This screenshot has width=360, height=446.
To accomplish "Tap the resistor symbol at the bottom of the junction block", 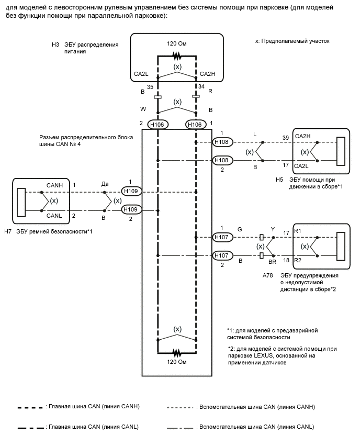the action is coord(177,353).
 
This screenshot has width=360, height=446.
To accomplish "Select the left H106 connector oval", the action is coord(157,125).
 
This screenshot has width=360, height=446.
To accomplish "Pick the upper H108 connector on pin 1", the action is coord(222,142).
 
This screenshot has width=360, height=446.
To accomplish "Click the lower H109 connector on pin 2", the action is coord(131,209).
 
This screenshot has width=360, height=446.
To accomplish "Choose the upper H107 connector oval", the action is coord(222,237).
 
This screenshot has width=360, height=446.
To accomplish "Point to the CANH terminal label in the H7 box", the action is coord(54,185).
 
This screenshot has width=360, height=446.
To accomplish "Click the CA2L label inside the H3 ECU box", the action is coord(141,74).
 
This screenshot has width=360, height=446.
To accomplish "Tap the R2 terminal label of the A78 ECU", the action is coord(298,260).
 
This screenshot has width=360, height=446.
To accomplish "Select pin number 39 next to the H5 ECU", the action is coord(286,138).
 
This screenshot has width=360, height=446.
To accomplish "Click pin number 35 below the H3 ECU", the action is coord(150,87).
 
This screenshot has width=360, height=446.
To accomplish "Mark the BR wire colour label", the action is coord(273,262).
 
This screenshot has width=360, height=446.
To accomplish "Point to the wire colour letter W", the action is coord(143,109).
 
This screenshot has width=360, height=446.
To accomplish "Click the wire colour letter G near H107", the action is coord(240,229).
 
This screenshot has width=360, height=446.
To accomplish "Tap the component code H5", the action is coord(279,180).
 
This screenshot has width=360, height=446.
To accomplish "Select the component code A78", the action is coord(267,275).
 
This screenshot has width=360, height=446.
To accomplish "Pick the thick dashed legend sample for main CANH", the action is coord(30,408).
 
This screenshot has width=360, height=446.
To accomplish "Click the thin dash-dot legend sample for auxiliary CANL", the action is coord(180,428).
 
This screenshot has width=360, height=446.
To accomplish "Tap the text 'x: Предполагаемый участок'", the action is coord(292,41).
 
